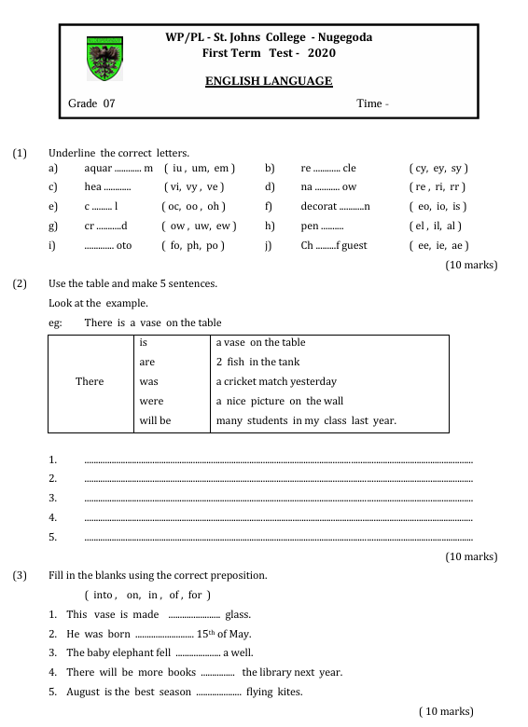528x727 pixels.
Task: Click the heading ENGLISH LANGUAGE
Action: (269, 81)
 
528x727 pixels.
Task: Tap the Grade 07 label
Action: (92, 103)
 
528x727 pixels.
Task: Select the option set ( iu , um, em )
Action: (199, 168)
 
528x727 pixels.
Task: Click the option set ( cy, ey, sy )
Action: (438, 168)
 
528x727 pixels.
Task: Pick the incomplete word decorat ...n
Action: (335, 206)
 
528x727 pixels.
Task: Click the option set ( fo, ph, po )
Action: (193, 245)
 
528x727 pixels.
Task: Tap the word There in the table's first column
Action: (90, 381)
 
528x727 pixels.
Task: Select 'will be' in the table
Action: (155, 420)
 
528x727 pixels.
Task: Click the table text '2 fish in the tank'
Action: (257, 362)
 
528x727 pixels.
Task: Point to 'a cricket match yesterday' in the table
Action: (276, 381)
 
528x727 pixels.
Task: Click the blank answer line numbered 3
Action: (278, 499)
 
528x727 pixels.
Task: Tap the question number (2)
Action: (20, 282)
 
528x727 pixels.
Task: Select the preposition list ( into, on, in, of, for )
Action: (147, 595)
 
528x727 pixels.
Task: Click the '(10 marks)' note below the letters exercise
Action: (471, 265)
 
